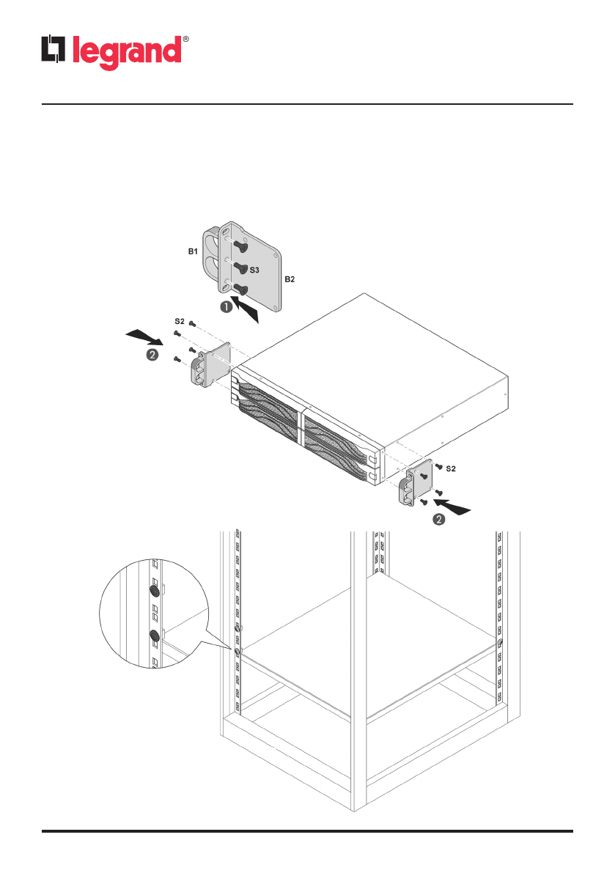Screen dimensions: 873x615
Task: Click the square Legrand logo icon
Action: pos(54,51)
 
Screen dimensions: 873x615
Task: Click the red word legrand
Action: pos(126,51)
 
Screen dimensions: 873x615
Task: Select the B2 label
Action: pos(290,280)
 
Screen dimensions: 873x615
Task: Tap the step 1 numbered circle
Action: pos(227,307)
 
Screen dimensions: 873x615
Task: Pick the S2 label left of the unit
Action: pos(180,321)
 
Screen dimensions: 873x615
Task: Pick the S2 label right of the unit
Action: pos(452,467)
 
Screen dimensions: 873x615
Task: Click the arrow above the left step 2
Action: pos(144,338)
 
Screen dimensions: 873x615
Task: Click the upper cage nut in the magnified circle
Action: pos(154,589)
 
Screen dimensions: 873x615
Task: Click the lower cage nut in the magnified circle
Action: pos(154,636)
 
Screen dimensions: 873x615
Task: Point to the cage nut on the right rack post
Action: pos(499,643)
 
